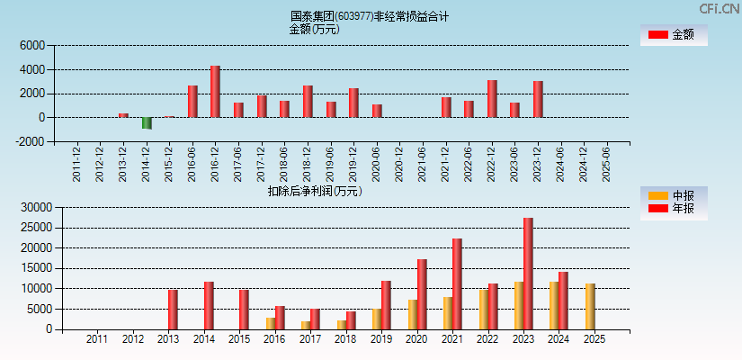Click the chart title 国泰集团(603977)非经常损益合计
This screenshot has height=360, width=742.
click(x=370, y=16)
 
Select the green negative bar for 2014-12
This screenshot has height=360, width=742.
click(x=147, y=123)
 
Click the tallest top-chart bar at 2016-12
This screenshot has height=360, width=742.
click(x=215, y=92)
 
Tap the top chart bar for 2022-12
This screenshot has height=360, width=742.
click(x=492, y=99)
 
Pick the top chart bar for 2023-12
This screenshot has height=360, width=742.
click(x=538, y=99)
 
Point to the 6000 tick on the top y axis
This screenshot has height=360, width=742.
click(x=31, y=45)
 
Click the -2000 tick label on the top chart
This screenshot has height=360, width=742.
click(x=30, y=141)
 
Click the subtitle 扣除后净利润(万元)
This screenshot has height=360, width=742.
click(x=315, y=191)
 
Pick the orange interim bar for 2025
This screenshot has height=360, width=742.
click(x=590, y=307)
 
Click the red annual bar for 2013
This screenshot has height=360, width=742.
click(x=173, y=310)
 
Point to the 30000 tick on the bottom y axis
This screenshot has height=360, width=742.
click(x=34, y=207)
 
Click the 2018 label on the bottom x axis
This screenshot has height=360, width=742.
click(x=344, y=340)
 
